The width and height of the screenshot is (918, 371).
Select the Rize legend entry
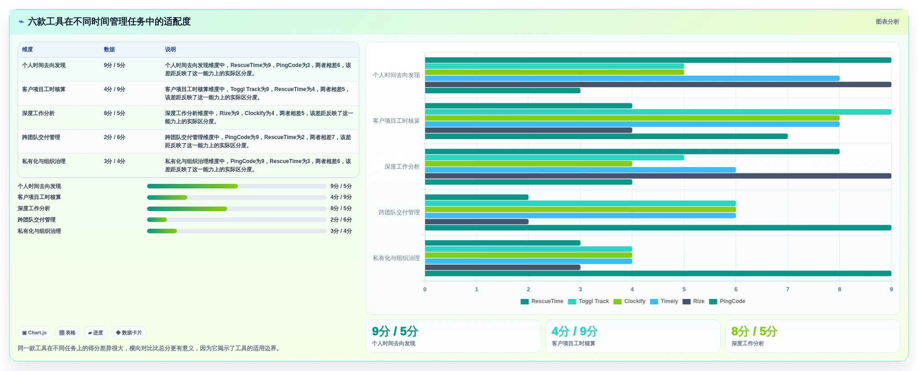(694, 301)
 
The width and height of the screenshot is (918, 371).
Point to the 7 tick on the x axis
(788, 289)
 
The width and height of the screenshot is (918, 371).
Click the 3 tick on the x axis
(580, 289)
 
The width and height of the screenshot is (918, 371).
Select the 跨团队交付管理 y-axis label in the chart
(399, 212)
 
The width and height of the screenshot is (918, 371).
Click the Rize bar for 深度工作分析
(658, 176)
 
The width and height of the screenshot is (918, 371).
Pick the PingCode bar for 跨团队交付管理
(658, 228)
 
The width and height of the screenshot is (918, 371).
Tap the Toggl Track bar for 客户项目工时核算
(658, 112)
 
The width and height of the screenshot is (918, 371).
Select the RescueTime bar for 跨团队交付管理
(476, 197)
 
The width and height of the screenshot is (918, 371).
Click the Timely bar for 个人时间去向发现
(632, 78)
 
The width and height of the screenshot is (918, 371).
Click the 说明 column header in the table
(170, 49)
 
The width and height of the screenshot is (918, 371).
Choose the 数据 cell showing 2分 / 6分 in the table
(114, 137)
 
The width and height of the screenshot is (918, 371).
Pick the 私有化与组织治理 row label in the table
(44, 161)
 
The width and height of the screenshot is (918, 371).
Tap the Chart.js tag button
(34, 332)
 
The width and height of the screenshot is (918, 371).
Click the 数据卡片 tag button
(129, 332)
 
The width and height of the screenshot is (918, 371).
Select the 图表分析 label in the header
(887, 22)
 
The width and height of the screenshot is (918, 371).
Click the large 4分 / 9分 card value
(575, 331)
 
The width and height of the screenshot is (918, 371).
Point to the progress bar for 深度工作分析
(237, 209)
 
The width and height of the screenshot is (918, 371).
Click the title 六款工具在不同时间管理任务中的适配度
(109, 22)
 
